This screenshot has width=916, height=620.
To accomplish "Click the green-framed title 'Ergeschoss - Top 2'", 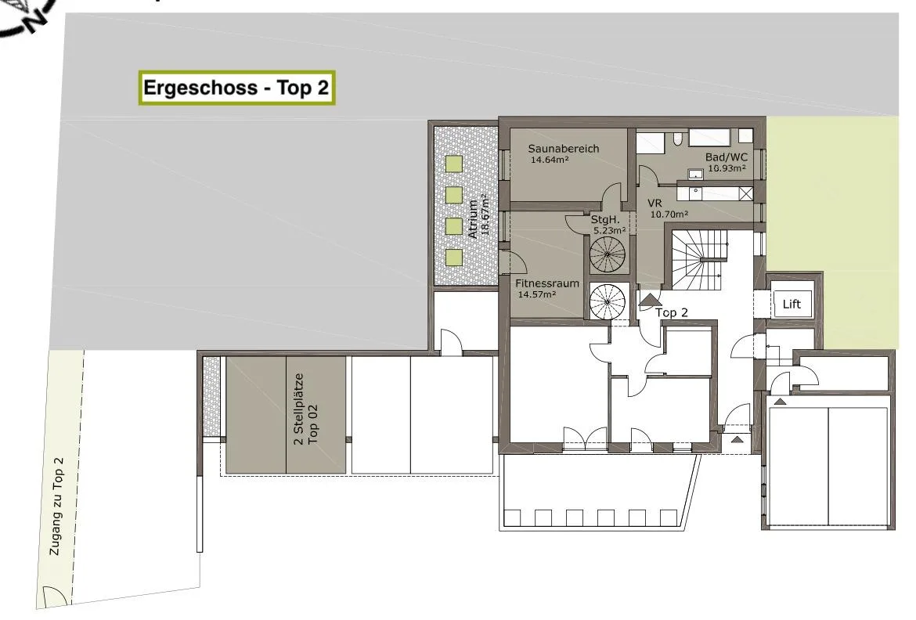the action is coord(236,88).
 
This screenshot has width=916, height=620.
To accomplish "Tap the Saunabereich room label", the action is coord(563,149).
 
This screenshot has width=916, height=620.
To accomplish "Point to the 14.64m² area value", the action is coord(549,160).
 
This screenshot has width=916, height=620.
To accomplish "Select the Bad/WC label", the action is coord(726,157).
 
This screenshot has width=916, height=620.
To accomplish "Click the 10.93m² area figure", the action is coord(727,168).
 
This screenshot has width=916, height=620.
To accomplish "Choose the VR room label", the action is coord(655,204).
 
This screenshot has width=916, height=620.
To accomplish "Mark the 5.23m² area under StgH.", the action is coord(610,230).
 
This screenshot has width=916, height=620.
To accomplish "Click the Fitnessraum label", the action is coord(546,283).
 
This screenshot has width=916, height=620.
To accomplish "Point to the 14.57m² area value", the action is coord(537,294).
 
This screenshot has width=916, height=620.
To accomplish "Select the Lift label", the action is coord(792,304).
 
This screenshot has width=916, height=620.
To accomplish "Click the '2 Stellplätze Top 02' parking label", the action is coord(306,409).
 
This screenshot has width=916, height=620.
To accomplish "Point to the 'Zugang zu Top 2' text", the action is coord(56,506).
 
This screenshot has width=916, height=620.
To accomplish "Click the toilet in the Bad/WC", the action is coord(677,139).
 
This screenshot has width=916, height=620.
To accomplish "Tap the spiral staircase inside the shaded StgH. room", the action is coord(608,255).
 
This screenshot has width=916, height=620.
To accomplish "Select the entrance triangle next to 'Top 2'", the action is coord(648,301).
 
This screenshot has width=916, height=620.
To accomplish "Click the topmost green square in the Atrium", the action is coord(454,163).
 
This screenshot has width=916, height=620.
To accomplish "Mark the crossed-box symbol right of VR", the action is coord(745,193).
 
